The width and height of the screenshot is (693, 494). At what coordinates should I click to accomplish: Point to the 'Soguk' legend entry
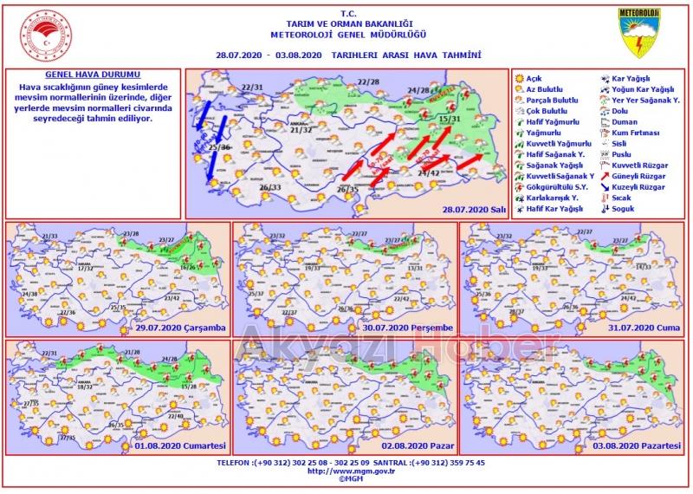[x=623, y=208]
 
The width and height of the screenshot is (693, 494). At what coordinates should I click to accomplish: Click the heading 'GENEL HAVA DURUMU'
[x=94, y=76]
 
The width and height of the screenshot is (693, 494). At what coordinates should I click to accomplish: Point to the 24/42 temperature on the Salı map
[x=429, y=173]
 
